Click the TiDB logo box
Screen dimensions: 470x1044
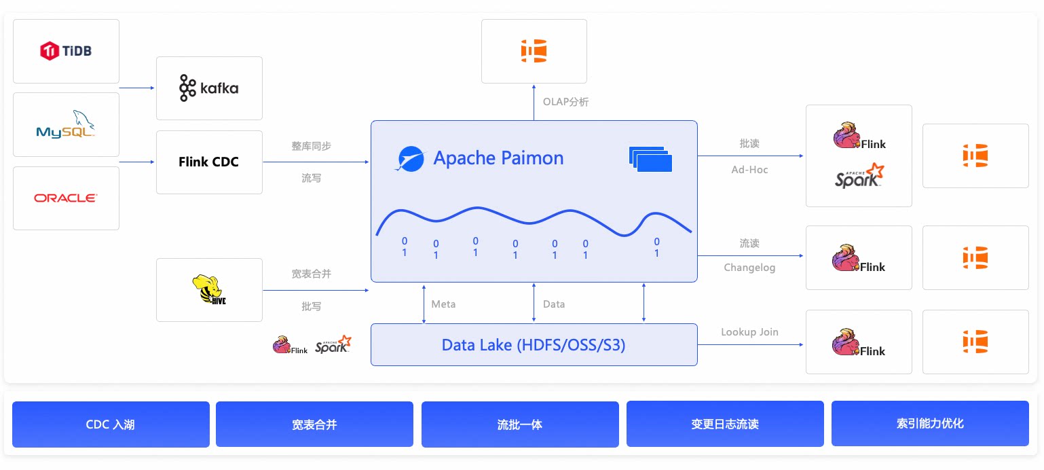coord(66,51)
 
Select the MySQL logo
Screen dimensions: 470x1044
coord(66,124)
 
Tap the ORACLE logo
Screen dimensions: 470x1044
coord(66,198)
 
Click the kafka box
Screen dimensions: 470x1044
coord(209,88)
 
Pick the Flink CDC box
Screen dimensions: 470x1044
coord(209,162)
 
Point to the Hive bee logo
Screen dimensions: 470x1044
coord(208,289)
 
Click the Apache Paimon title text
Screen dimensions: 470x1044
coord(498,158)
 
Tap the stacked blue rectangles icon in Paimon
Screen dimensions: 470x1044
coord(650,159)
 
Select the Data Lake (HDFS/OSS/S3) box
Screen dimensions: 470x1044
coord(534,345)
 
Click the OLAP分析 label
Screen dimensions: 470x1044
coord(565,102)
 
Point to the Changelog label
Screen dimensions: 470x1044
coord(749,268)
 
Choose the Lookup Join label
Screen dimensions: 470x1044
coord(749,332)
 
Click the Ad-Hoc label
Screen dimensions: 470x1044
coord(749,170)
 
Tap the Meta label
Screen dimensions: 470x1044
coord(443,304)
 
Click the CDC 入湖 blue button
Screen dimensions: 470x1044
coord(111,424)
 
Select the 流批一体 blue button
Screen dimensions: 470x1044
coord(520,424)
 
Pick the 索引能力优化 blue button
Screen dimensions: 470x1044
coord(930,424)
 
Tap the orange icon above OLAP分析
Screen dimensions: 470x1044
coord(534,51)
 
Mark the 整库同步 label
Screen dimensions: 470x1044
coord(311,146)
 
